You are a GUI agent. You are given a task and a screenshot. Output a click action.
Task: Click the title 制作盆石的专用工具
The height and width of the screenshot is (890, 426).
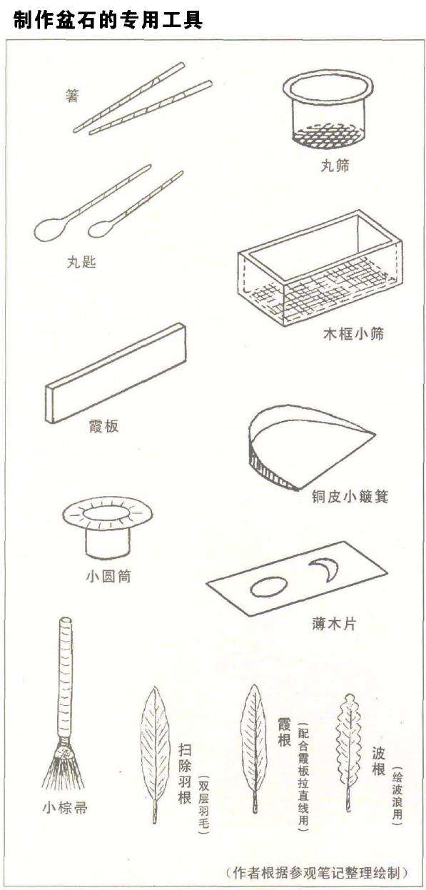[x=108, y=21]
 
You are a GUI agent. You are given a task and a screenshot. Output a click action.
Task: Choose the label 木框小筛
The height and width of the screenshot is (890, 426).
[x=353, y=333]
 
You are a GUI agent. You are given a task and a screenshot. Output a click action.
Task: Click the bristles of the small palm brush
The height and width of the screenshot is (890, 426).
[x=62, y=770]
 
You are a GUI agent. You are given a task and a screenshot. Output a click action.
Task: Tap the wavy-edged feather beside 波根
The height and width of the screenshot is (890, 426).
[x=348, y=742]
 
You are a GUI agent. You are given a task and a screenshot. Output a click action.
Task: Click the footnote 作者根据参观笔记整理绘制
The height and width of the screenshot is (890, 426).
[x=315, y=872]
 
